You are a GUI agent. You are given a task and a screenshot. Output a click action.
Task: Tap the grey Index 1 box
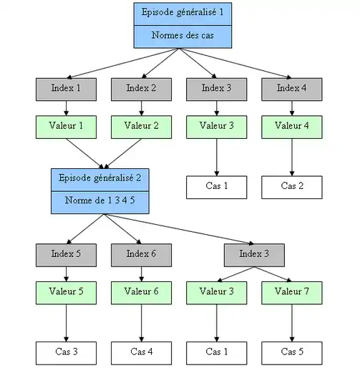[66, 88]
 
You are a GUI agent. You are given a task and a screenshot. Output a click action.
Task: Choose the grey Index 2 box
[141, 88]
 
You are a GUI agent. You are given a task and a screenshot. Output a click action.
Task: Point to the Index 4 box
[291, 88]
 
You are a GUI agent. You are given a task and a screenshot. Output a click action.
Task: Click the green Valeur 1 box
[66, 127]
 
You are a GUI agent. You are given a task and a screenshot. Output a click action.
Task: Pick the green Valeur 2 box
[141, 127]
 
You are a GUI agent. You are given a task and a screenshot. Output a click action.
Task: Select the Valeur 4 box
[291, 127]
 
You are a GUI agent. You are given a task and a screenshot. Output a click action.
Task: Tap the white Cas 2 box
[291, 187]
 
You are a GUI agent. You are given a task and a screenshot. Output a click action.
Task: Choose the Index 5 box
[66, 254]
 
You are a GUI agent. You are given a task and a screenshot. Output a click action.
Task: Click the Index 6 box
[141, 254]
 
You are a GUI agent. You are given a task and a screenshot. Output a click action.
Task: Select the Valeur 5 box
[66, 292]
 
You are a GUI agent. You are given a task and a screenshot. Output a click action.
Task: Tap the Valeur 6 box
[141, 292]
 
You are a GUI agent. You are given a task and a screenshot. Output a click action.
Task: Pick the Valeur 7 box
[291, 292]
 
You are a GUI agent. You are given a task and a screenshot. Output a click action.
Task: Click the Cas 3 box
[66, 352]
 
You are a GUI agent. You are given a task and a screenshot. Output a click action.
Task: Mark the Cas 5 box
[291, 352]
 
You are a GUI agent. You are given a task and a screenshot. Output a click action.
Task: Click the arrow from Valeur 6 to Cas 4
[141, 322]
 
